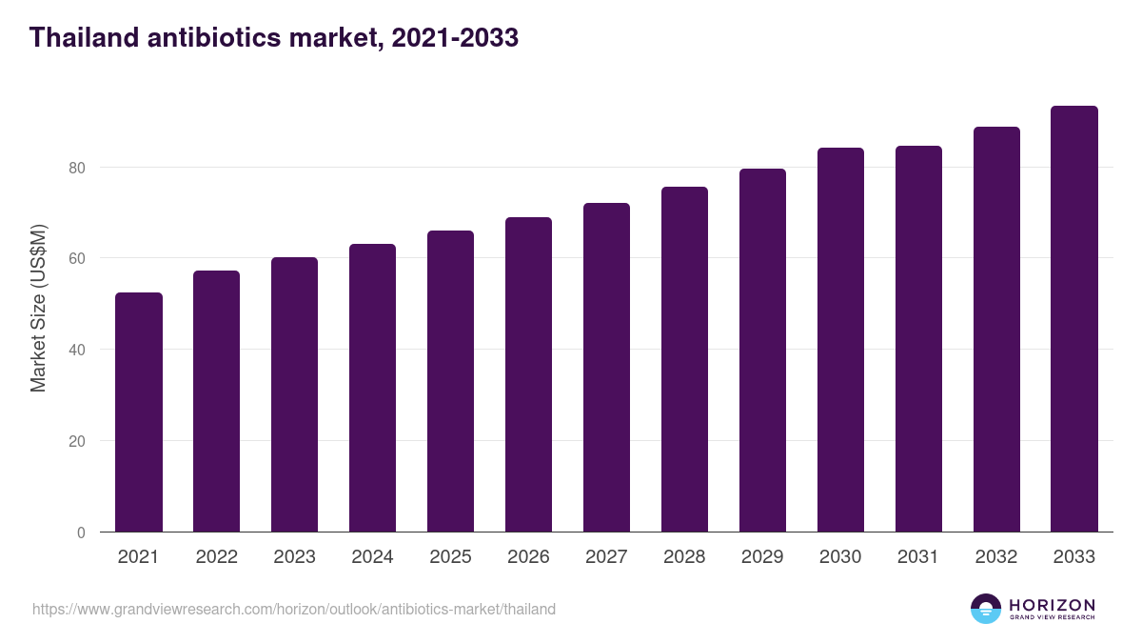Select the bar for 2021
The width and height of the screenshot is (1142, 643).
pyautogui.click(x=139, y=412)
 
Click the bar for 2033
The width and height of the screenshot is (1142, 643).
pyautogui.click(x=1074, y=319)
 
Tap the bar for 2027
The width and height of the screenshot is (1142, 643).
pyautogui.click(x=606, y=368)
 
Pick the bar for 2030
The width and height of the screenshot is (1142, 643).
pyautogui.click(x=840, y=340)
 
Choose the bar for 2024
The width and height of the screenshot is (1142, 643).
pyautogui.click(x=372, y=388)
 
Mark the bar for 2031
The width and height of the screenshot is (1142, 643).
pyautogui.click(x=918, y=339)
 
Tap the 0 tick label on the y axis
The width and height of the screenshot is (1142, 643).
pyautogui.click(x=81, y=532)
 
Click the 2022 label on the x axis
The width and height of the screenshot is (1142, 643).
pyautogui.click(x=217, y=557)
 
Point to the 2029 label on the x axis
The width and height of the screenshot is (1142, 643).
pyautogui.click(x=762, y=557)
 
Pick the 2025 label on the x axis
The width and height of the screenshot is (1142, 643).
pyautogui.click(x=450, y=557)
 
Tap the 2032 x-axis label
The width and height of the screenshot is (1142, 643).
pyautogui.click(x=996, y=557)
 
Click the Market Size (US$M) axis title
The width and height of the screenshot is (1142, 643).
pyautogui.click(x=38, y=308)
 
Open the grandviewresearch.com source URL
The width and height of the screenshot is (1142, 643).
pyautogui.click(x=294, y=609)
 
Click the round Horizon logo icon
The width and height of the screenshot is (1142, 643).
pyautogui.click(x=985, y=609)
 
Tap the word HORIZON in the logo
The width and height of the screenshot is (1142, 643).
pyautogui.click(x=1052, y=604)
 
